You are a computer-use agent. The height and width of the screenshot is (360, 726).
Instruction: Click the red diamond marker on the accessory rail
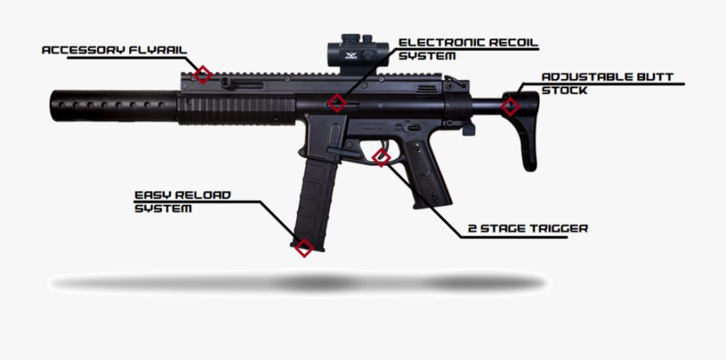click(203, 75)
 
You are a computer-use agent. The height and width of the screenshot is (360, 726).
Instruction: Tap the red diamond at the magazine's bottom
click(303, 248)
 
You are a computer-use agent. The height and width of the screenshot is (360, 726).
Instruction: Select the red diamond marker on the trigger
click(381, 157)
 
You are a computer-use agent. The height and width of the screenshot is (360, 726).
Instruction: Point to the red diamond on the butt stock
click(509, 106)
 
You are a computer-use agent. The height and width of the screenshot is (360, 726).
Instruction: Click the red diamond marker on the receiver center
click(337, 103)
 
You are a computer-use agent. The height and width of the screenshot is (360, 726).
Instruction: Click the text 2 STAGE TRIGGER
click(528, 228)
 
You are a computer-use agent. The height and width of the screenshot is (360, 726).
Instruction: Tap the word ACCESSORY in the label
click(82, 50)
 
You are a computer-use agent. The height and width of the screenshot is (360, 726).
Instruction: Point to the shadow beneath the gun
click(298, 283)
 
